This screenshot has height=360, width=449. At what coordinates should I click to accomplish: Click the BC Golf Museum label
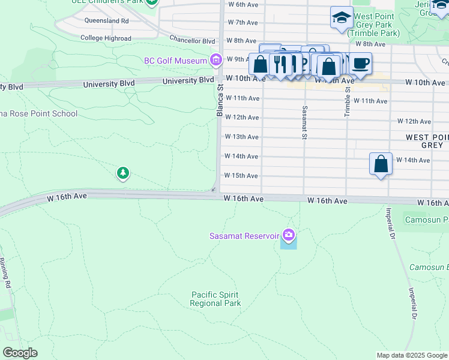(x=176, y=60)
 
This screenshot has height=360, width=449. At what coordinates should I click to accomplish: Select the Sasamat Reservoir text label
(x=245, y=235)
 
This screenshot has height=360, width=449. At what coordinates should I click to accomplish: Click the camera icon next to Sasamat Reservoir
(x=289, y=235)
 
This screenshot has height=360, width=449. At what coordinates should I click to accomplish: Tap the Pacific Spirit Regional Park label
(x=215, y=299)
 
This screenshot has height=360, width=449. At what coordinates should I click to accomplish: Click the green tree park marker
(x=123, y=173)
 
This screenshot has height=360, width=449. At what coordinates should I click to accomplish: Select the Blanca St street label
(x=220, y=100)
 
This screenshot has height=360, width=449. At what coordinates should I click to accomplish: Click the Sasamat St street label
(x=305, y=123)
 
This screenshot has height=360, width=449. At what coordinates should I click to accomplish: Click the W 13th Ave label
(x=241, y=137)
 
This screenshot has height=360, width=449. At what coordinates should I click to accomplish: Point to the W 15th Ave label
(x=241, y=176)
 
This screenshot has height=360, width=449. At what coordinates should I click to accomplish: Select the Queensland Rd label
(x=107, y=20)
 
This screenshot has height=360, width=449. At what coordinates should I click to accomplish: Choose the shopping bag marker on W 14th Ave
(x=381, y=164)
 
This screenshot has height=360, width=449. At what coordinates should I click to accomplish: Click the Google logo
(x=20, y=353)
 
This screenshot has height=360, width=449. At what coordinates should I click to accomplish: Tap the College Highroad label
(x=106, y=38)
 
